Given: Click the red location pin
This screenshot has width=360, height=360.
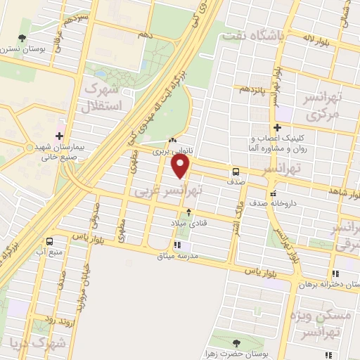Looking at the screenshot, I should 181,166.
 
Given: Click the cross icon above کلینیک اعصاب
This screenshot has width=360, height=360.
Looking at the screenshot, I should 278,128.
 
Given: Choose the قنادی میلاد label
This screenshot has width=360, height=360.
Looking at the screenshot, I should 186,223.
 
